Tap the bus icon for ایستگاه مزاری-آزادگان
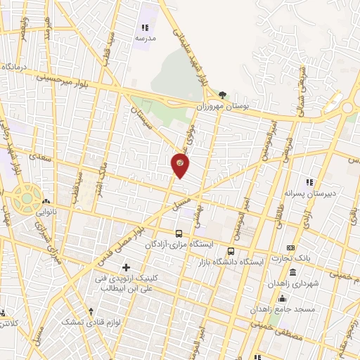click(x=179, y=233)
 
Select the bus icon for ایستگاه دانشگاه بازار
click(x=231, y=251)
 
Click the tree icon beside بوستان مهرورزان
click(x=223, y=94)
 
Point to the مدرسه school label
click(x=145, y=38)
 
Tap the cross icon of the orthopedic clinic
click(x=127, y=267)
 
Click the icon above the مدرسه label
click(x=145, y=27)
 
